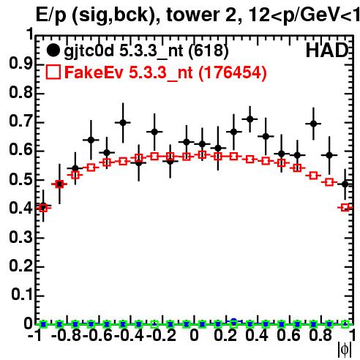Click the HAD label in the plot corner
[x=327, y=50]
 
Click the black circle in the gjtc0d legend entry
[x=53, y=50]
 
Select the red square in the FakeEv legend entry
[x=53, y=72]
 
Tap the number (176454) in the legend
[x=233, y=72]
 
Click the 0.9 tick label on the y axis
[x=20, y=64]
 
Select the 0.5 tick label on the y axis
[x=20, y=180]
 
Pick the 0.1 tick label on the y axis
[x=22, y=295]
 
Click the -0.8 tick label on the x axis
[x=67, y=335]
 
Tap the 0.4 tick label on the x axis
[x=257, y=335]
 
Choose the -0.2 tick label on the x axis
[x=161, y=335]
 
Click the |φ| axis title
[x=345, y=350]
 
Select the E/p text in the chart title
[x=51, y=15]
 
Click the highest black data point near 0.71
[x=250, y=119]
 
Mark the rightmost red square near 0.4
[x=345, y=208]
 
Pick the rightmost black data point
[x=345, y=184]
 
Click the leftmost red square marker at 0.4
[x=43, y=208]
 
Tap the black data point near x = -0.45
[x=123, y=122]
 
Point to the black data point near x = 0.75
[x=314, y=124]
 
